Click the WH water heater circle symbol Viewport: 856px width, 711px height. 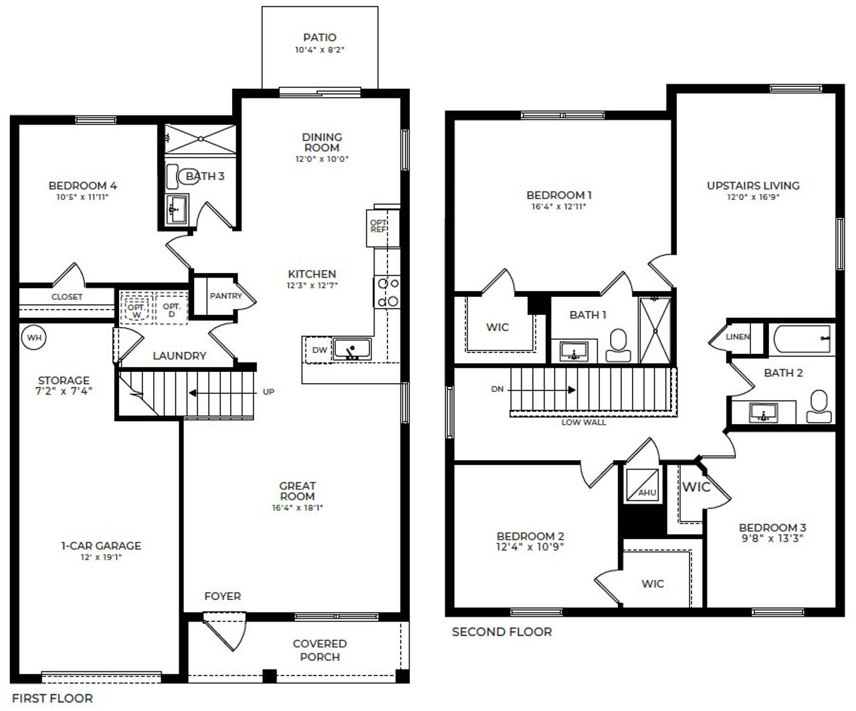click(x=34, y=338)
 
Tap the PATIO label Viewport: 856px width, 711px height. click(x=319, y=37)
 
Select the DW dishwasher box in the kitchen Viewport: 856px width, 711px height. click(x=319, y=350)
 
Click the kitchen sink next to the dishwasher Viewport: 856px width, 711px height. click(x=352, y=349)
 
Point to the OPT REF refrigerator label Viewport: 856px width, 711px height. click(x=379, y=225)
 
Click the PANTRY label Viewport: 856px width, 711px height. click(x=225, y=296)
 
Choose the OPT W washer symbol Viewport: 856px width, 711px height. click(x=136, y=310)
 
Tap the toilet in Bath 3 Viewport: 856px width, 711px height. click(x=178, y=176)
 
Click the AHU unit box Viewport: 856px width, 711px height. click(x=640, y=484)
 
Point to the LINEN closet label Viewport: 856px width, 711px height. click(x=738, y=336)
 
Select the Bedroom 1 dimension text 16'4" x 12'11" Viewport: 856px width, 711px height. click(x=558, y=207)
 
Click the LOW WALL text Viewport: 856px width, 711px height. click(x=584, y=422)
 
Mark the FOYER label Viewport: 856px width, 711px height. click(x=223, y=596)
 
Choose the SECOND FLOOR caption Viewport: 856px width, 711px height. click(x=502, y=631)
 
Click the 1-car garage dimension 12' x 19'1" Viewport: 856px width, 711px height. click(x=101, y=556)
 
